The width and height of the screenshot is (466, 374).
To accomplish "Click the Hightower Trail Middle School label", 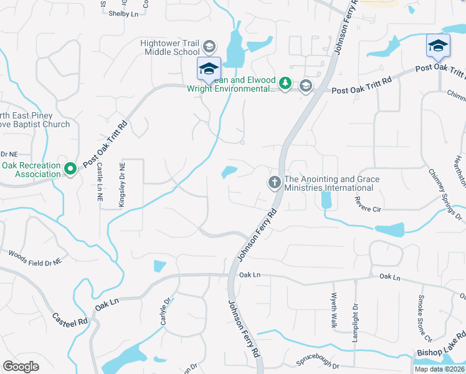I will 169,47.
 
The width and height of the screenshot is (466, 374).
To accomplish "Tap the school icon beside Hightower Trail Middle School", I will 209,47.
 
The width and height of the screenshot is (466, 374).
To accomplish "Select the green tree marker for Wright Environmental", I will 285,84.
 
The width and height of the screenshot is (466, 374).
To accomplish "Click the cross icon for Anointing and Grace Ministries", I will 274,183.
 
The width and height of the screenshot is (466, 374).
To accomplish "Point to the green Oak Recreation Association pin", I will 71,168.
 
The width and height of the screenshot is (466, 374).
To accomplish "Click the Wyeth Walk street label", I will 334,310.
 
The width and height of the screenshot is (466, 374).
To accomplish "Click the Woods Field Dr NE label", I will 35,259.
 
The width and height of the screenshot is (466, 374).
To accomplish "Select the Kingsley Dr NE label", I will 122,180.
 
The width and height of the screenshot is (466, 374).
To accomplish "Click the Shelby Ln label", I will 123,13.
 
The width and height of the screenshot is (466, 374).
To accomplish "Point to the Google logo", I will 21,366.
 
